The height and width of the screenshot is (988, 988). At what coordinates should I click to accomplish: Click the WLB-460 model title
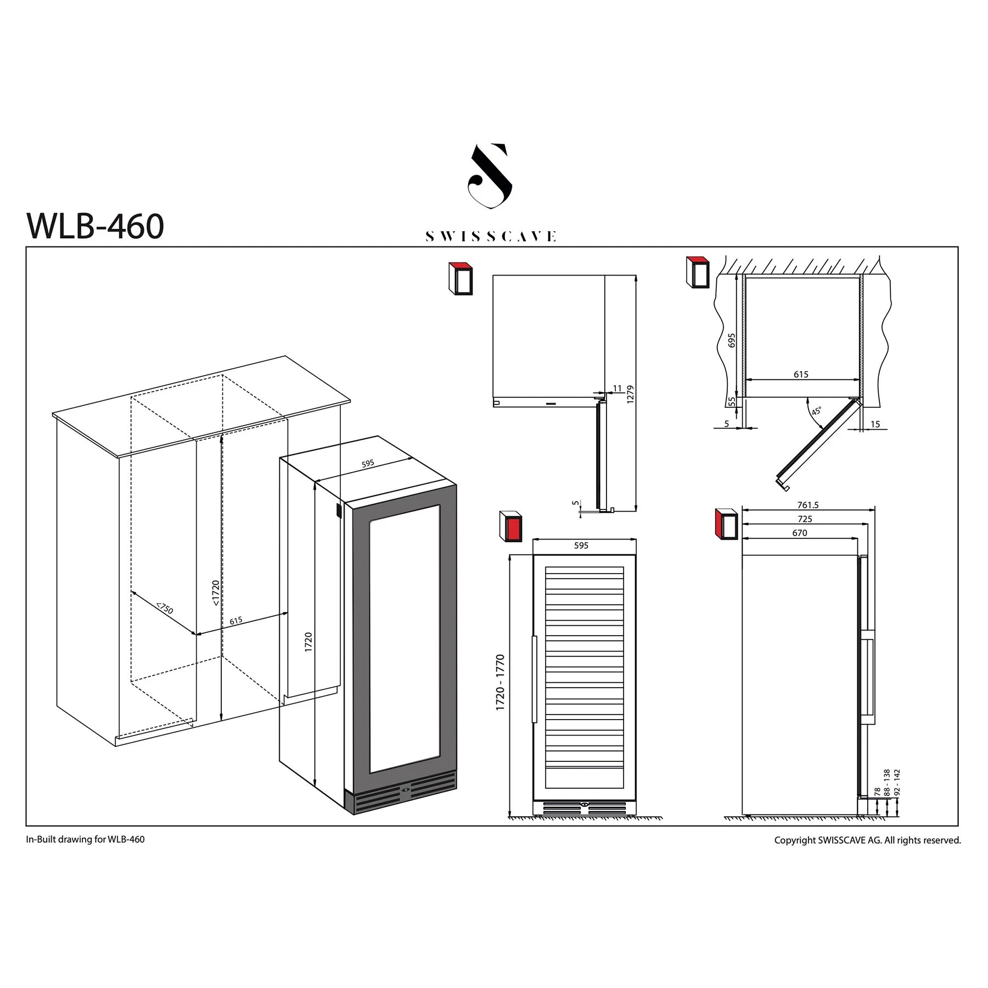(x=95, y=226)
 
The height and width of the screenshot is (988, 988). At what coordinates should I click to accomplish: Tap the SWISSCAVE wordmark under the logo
(x=491, y=237)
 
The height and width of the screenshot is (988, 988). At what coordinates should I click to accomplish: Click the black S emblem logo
(x=490, y=176)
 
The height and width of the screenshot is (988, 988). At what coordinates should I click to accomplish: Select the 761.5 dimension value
(x=807, y=505)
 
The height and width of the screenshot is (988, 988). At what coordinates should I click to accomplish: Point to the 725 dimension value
(x=805, y=519)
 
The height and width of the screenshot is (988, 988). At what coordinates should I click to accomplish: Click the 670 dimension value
(x=799, y=533)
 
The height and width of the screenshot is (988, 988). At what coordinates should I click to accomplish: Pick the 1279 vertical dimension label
(x=630, y=394)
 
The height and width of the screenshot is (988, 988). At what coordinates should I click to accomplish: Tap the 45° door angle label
(x=816, y=411)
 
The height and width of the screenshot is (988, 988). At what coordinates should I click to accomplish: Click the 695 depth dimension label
(x=731, y=340)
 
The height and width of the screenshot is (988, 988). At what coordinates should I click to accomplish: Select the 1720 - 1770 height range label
(x=500, y=682)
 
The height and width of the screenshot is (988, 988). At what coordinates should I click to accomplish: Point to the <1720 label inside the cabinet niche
(x=216, y=593)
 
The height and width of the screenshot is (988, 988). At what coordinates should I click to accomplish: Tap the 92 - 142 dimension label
(x=897, y=782)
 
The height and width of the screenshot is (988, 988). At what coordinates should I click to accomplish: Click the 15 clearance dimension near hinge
(x=875, y=424)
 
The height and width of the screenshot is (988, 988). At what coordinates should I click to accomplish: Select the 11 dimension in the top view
(x=617, y=389)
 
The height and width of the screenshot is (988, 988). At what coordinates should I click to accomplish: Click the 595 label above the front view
(x=581, y=546)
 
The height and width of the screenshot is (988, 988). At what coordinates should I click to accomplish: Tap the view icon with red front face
(x=510, y=526)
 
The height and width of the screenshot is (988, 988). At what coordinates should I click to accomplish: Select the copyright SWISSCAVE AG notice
(x=867, y=840)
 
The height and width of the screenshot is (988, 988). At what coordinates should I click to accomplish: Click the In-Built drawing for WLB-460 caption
(x=85, y=839)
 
